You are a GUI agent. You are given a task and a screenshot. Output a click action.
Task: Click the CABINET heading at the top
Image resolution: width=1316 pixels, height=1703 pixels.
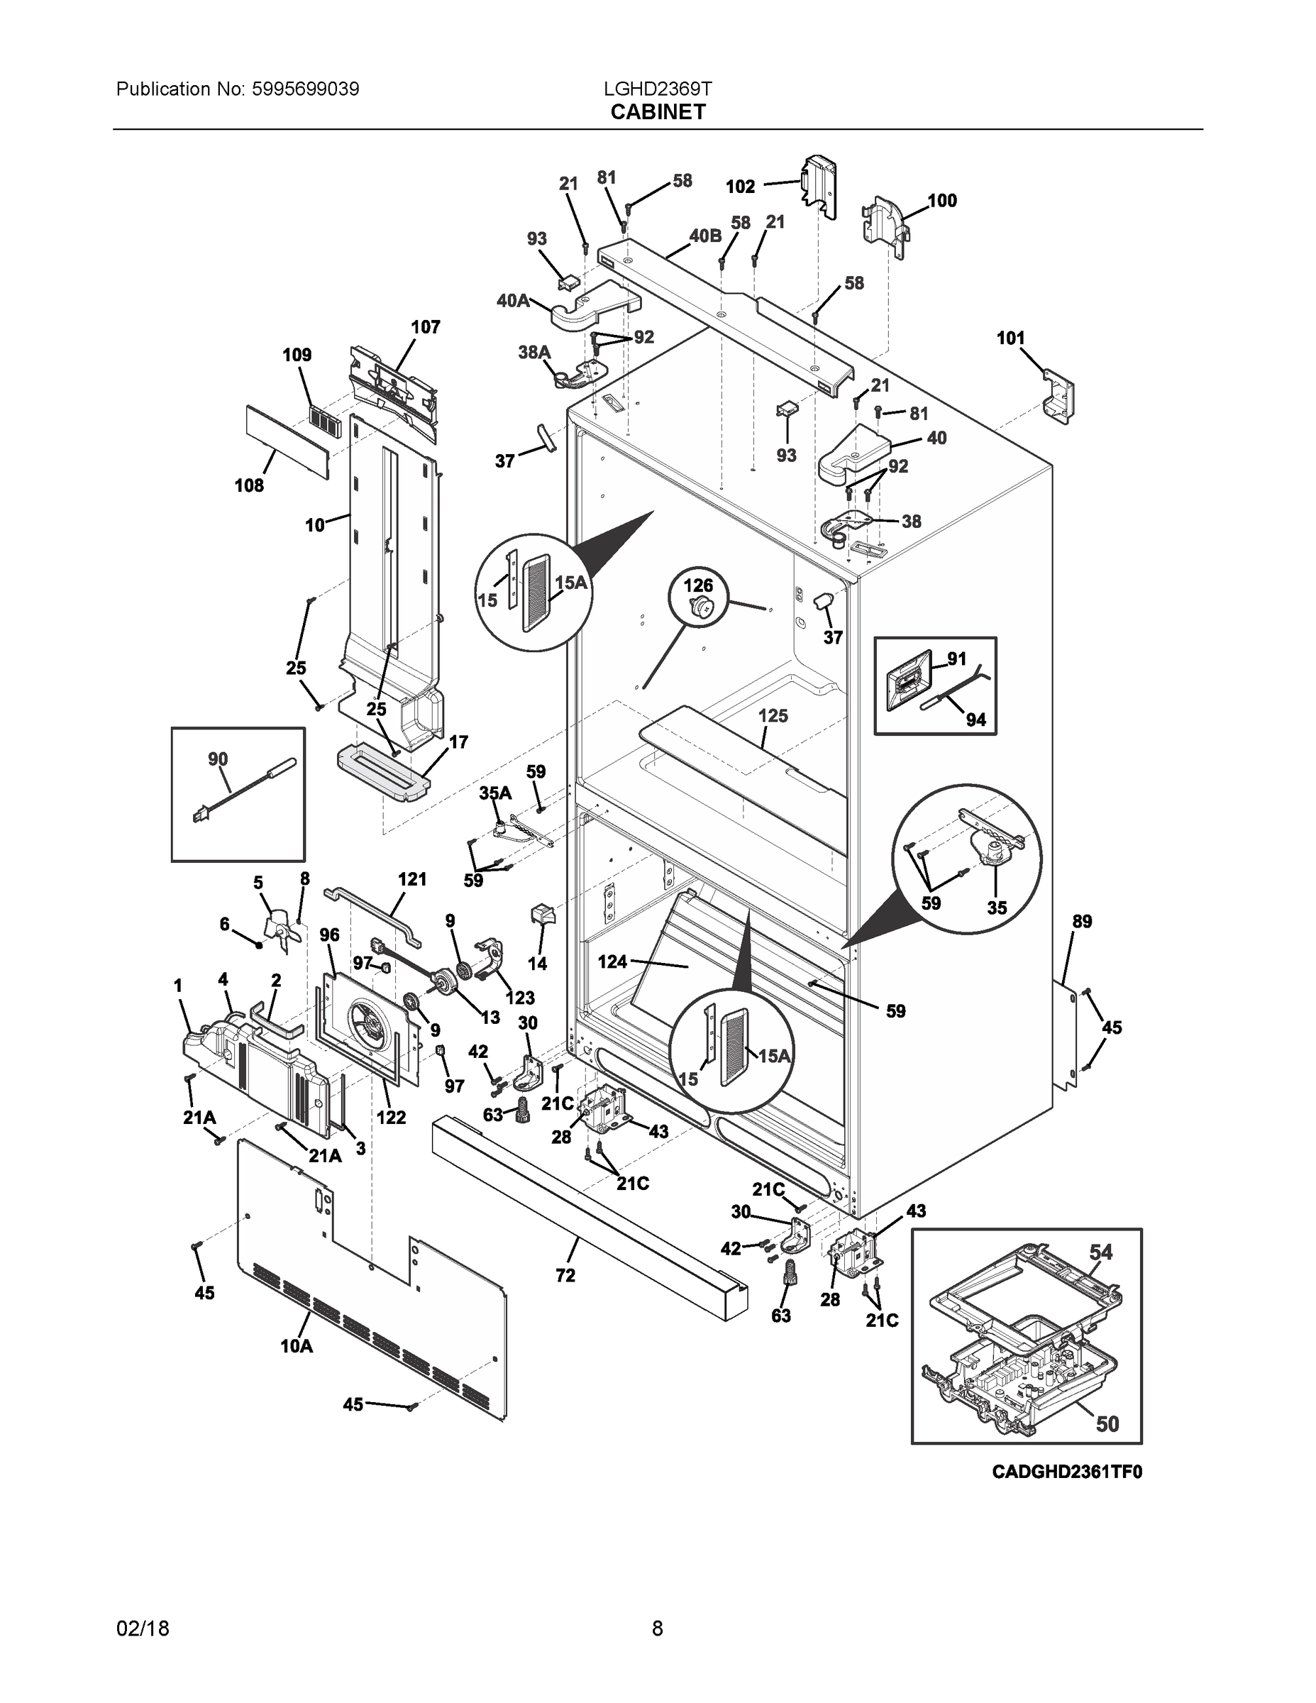[657, 112]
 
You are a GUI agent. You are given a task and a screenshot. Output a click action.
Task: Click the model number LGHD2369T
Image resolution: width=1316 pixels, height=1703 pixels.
[657, 89]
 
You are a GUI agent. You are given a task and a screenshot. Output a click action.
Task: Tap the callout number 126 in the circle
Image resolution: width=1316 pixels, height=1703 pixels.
[698, 585]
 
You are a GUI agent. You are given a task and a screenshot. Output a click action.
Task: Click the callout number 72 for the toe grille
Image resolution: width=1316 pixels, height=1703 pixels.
[565, 1275]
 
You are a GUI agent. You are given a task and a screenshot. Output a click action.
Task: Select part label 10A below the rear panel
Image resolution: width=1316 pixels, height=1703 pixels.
[297, 1346]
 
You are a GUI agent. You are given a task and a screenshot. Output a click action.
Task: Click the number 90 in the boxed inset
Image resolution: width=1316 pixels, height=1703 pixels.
[218, 759]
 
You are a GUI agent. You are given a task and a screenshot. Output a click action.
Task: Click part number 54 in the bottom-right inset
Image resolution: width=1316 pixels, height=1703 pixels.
[1101, 1252]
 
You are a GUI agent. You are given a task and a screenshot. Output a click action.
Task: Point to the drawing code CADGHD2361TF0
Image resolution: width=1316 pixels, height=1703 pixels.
[1066, 1472]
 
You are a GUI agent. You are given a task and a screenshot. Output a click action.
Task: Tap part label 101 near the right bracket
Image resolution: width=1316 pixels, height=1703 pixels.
[1010, 338]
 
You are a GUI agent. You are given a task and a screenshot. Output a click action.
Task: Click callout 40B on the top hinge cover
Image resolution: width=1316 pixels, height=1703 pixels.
[704, 236]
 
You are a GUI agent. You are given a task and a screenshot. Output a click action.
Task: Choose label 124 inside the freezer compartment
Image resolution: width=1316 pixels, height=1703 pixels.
[612, 961]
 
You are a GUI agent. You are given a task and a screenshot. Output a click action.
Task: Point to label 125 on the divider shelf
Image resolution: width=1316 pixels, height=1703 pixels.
[773, 715]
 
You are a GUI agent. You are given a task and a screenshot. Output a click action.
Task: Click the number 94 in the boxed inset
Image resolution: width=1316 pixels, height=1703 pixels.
[975, 720]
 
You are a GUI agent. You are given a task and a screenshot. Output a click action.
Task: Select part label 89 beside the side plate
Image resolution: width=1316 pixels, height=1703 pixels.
[1081, 921]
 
